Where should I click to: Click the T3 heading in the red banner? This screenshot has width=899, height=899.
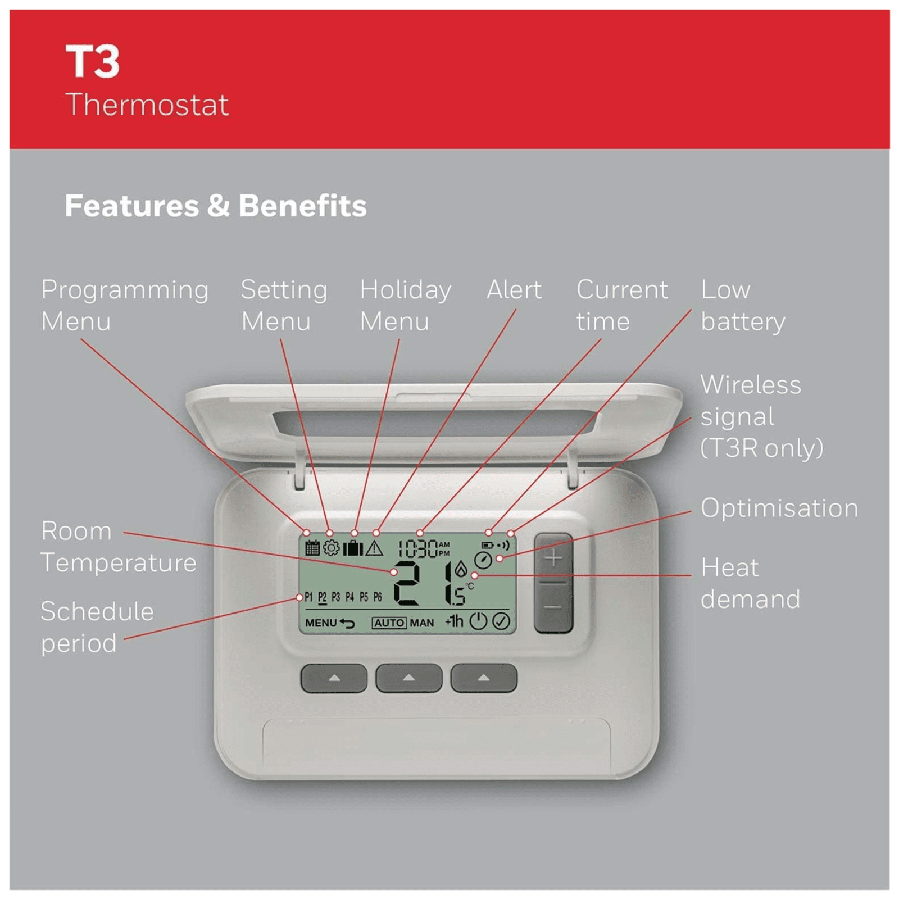tap(93, 61)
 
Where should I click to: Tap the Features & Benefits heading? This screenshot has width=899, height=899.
tap(216, 206)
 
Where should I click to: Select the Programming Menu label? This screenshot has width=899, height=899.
tap(125, 305)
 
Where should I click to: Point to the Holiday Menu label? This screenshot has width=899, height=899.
tap(405, 305)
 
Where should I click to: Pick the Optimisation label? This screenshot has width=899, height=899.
tap(779, 508)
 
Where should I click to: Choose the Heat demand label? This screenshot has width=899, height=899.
tap(750, 583)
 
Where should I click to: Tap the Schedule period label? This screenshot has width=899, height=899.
tap(97, 627)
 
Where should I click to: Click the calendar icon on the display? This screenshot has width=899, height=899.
tap(312, 547)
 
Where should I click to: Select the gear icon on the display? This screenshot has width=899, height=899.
tap(332, 547)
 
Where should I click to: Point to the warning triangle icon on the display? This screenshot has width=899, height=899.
tap(374, 548)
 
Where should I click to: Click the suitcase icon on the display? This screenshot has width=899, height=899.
tap(353, 547)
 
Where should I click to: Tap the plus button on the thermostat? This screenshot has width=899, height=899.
tap(553, 558)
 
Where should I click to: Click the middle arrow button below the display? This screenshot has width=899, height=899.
tap(408, 678)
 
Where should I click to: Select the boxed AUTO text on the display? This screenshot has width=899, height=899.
tap(389, 623)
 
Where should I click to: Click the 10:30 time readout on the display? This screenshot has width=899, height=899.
tap(418, 548)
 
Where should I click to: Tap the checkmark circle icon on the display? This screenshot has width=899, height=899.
tap(501, 621)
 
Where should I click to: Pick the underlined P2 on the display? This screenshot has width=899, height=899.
tap(322, 597)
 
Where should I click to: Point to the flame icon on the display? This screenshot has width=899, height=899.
tap(461, 569)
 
